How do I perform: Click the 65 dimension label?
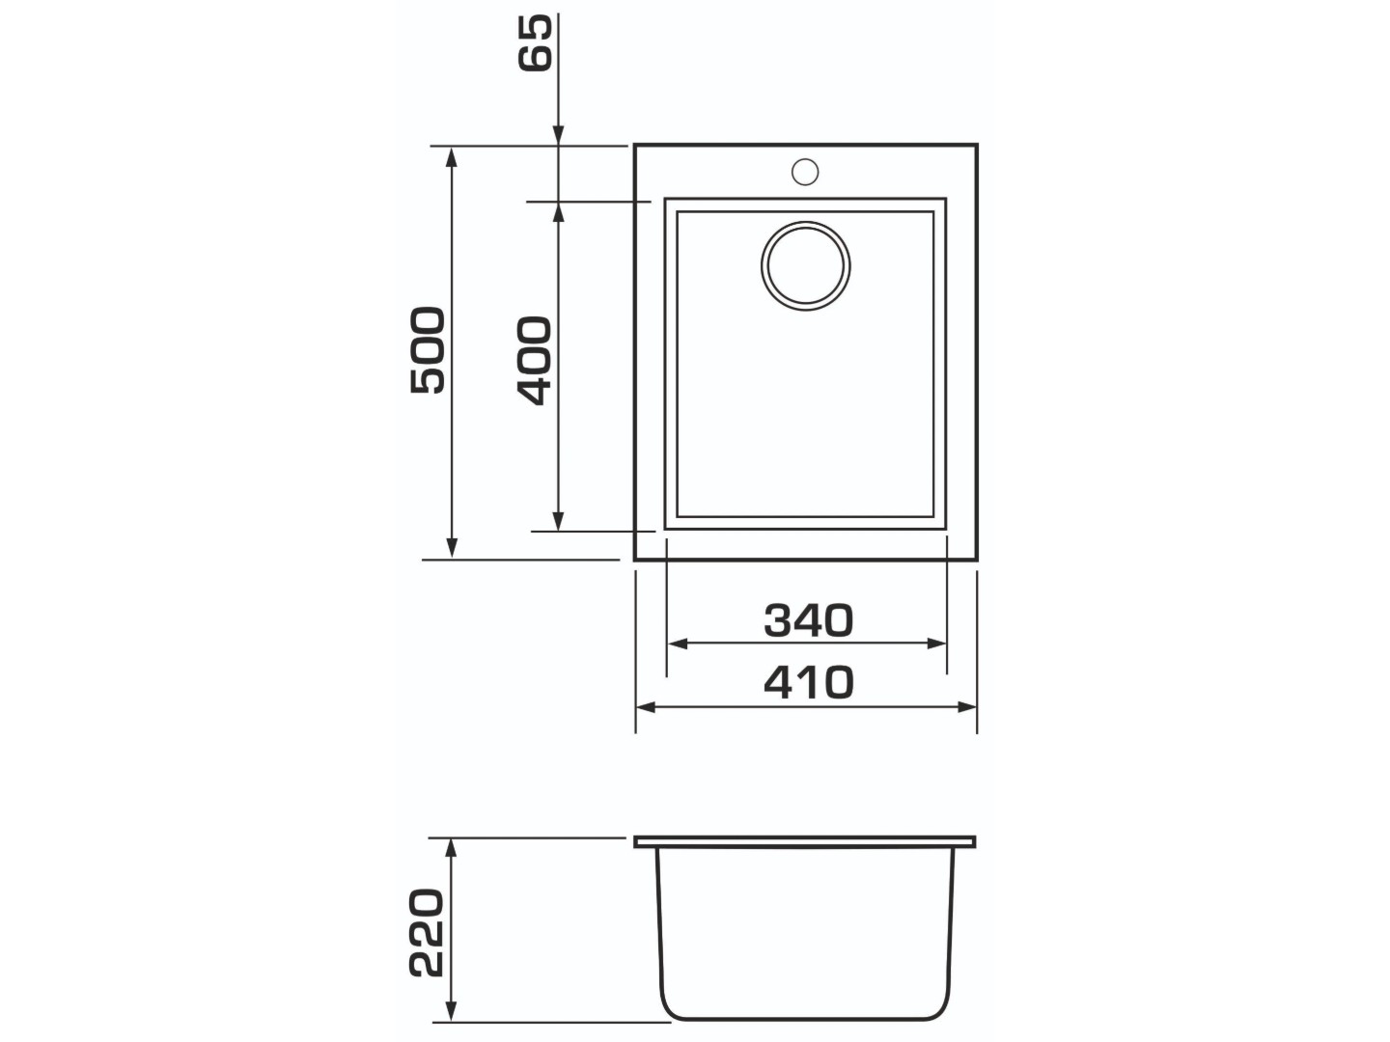tap(535, 42)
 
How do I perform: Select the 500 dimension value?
tap(428, 350)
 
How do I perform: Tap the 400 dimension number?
tap(535, 360)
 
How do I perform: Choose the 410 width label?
tap(809, 682)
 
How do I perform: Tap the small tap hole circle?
tap(805, 172)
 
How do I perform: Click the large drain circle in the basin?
tap(805, 265)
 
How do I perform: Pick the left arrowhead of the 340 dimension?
tap(678, 644)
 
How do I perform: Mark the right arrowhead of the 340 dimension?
tap(936, 644)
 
